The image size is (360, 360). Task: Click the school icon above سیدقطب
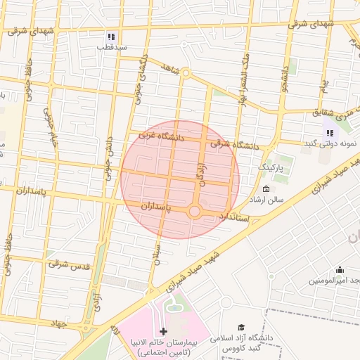[x=111, y=37]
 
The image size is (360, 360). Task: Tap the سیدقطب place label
[x=111, y=47]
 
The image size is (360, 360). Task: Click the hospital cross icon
[x=164, y=330]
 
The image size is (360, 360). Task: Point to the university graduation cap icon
[x=242, y=328]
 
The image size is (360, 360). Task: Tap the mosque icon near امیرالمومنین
[x=340, y=269]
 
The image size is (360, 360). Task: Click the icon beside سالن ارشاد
[x=266, y=189]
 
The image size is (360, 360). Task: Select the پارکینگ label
[x=272, y=167]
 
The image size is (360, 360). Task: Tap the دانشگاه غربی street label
[x=161, y=135]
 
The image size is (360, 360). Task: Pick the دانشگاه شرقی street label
[x=231, y=145]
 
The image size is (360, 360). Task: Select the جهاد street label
[x=58, y=323]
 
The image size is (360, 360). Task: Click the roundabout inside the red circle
[x=195, y=211]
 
